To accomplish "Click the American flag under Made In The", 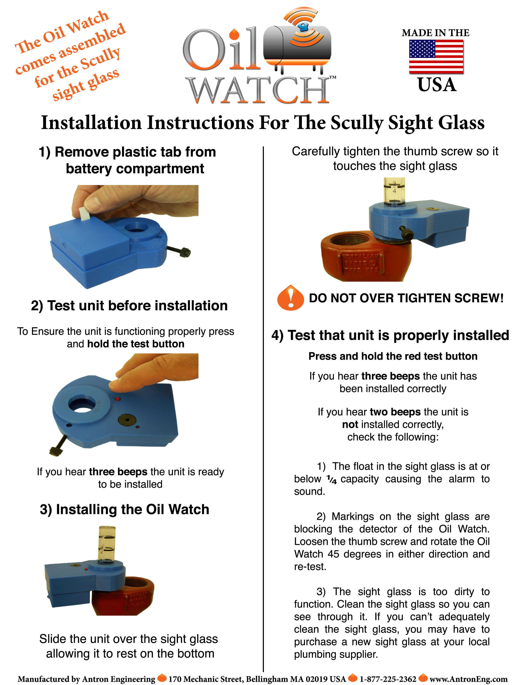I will click(436, 57).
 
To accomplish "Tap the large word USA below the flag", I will click(437, 85).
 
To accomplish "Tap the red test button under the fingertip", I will click(117, 399).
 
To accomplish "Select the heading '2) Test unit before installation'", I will click(129, 306).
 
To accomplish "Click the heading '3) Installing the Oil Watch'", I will click(125, 509).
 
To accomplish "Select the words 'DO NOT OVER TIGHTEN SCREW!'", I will click(406, 298).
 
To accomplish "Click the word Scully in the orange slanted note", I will click(100, 59).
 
